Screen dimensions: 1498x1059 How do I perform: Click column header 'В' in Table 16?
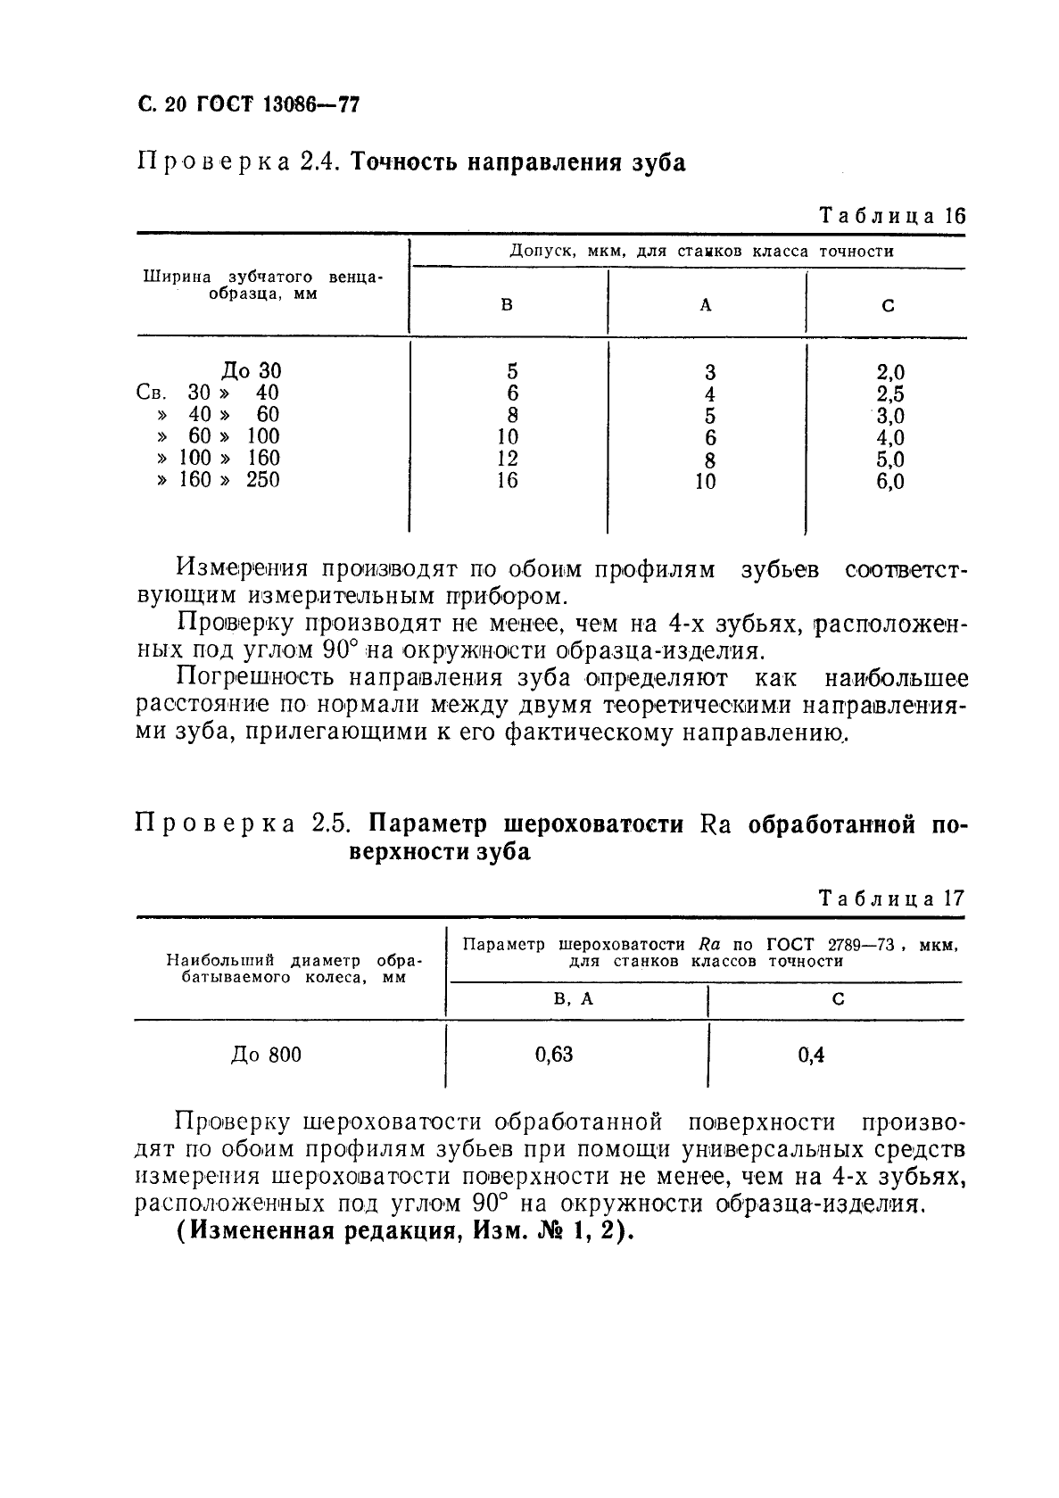pos(507,305)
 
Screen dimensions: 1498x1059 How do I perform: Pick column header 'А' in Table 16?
pos(706,305)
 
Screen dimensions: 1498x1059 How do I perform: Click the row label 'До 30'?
pos(252,370)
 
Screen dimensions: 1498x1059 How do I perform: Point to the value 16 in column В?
pos(506,481)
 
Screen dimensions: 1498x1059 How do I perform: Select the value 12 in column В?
pos(506,459)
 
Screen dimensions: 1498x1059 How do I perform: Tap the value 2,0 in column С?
pos(890,372)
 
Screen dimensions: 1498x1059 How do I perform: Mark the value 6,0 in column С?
pos(890,482)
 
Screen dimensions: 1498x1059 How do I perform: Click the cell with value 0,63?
pos(554,1055)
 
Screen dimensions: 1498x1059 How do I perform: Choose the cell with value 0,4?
pos(811,1055)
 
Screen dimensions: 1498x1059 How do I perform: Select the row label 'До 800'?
pos(266,1055)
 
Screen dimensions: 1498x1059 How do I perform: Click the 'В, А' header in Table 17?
pos(574,999)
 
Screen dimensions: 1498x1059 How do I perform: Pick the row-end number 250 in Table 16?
pos(262,480)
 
